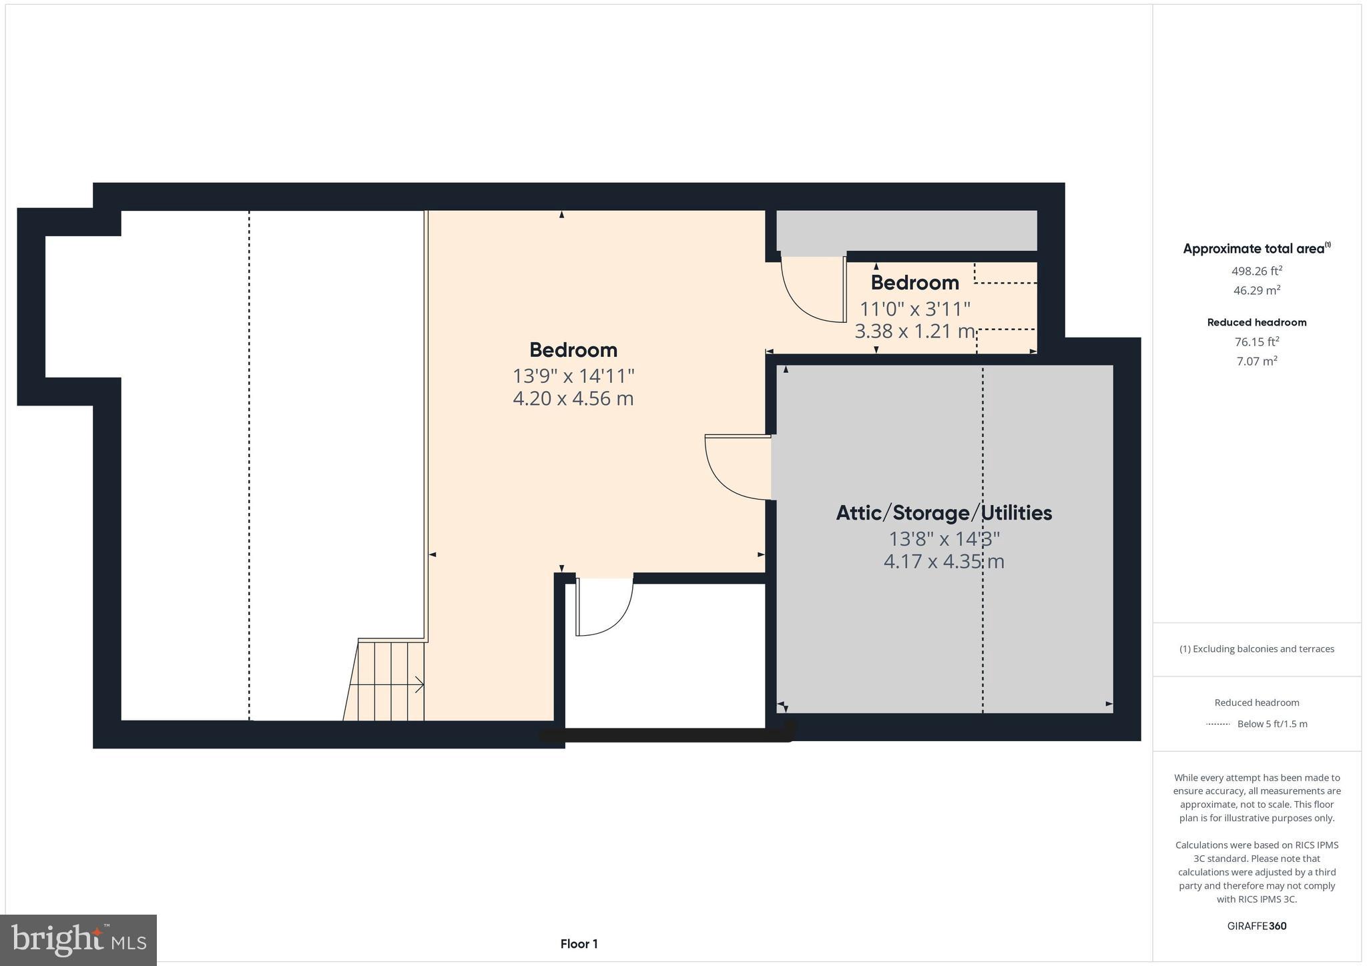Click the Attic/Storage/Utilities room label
point(944,513)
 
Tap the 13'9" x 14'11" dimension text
point(573,376)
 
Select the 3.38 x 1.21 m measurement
point(914,331)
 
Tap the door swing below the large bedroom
point(605,607)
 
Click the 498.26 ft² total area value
point(1257,271)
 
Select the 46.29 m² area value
point(1257,290)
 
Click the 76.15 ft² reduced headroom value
point(1257,342)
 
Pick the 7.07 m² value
point(1257,361)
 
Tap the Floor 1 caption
point(579,944)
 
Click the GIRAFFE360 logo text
point(1257,926)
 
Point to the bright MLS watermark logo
point(78,940)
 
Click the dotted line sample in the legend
point(1217,724)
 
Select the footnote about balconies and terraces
point(1257,648)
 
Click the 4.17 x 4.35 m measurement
point(944,562)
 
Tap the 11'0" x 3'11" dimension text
point(914,309)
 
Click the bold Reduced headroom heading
point(1257,322)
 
